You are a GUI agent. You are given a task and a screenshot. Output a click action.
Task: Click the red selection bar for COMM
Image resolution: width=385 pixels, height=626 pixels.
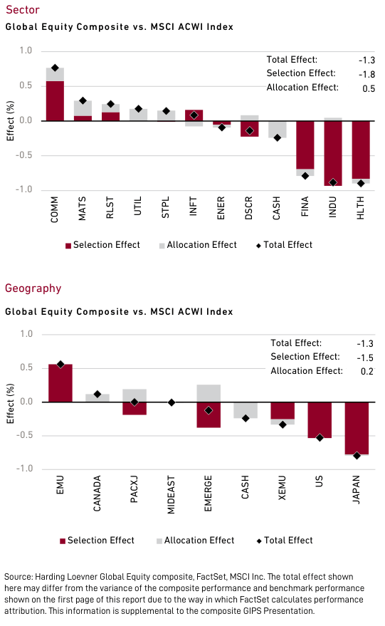55,101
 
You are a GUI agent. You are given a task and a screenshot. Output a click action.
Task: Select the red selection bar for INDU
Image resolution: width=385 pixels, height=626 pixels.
333,153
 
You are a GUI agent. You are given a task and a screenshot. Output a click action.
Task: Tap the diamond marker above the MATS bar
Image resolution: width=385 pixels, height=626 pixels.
83,101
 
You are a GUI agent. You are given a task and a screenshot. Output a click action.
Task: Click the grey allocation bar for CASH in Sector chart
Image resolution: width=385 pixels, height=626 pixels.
278,129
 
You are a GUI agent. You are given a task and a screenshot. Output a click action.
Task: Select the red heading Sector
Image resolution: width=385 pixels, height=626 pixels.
22,10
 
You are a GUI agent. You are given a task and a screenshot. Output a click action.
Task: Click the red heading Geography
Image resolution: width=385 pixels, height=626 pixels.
33,288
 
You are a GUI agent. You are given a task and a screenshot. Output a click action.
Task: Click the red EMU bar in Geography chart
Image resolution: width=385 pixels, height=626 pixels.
60,383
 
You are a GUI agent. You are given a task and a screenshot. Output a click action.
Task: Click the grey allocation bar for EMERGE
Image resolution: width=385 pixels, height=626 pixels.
208,393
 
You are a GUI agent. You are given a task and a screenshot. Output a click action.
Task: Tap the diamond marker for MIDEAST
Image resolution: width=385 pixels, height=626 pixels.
171,402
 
